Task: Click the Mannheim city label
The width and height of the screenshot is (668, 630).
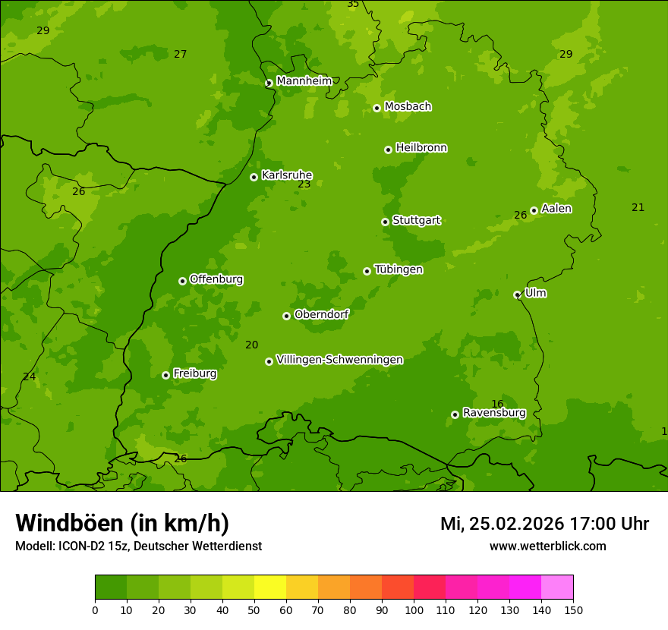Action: [x=304, y=81]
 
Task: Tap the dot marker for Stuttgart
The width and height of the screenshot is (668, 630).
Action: [x=385, y=222]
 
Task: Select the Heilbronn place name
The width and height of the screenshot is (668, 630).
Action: [x=421, y=148]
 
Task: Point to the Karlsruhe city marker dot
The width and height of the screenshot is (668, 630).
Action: [x=254, y=177]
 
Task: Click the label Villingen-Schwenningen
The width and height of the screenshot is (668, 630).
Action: [x=339, y=360]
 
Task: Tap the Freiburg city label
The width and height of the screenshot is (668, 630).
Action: [x=194, y=373]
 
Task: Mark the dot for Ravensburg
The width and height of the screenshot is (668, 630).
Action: [x=455, y=414]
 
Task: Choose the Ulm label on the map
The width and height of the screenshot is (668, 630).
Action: [x=535, y=293]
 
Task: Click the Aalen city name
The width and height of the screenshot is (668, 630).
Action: [x=556, y=209]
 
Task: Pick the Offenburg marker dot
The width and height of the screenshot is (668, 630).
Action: [x=182, y=281]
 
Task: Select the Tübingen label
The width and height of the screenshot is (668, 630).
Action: [x=399, y=269]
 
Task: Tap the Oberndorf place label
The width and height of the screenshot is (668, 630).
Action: [x=321, y=314]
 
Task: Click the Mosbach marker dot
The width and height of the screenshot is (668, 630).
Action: [x=377, y=108]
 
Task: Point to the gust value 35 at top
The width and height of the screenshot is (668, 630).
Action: [x=353, y=5]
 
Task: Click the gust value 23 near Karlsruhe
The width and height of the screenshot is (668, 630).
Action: [x=304, y=184]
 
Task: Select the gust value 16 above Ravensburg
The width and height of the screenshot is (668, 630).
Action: [x=497, y=404]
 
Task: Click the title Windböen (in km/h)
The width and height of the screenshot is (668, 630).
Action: [x=122, y=523]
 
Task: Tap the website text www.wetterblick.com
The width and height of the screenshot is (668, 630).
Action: [x=547, y=546]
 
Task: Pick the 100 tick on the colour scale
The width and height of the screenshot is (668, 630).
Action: [x=414, y=610]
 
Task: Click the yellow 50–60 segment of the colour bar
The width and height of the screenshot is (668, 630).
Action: [x=270, y=587]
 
